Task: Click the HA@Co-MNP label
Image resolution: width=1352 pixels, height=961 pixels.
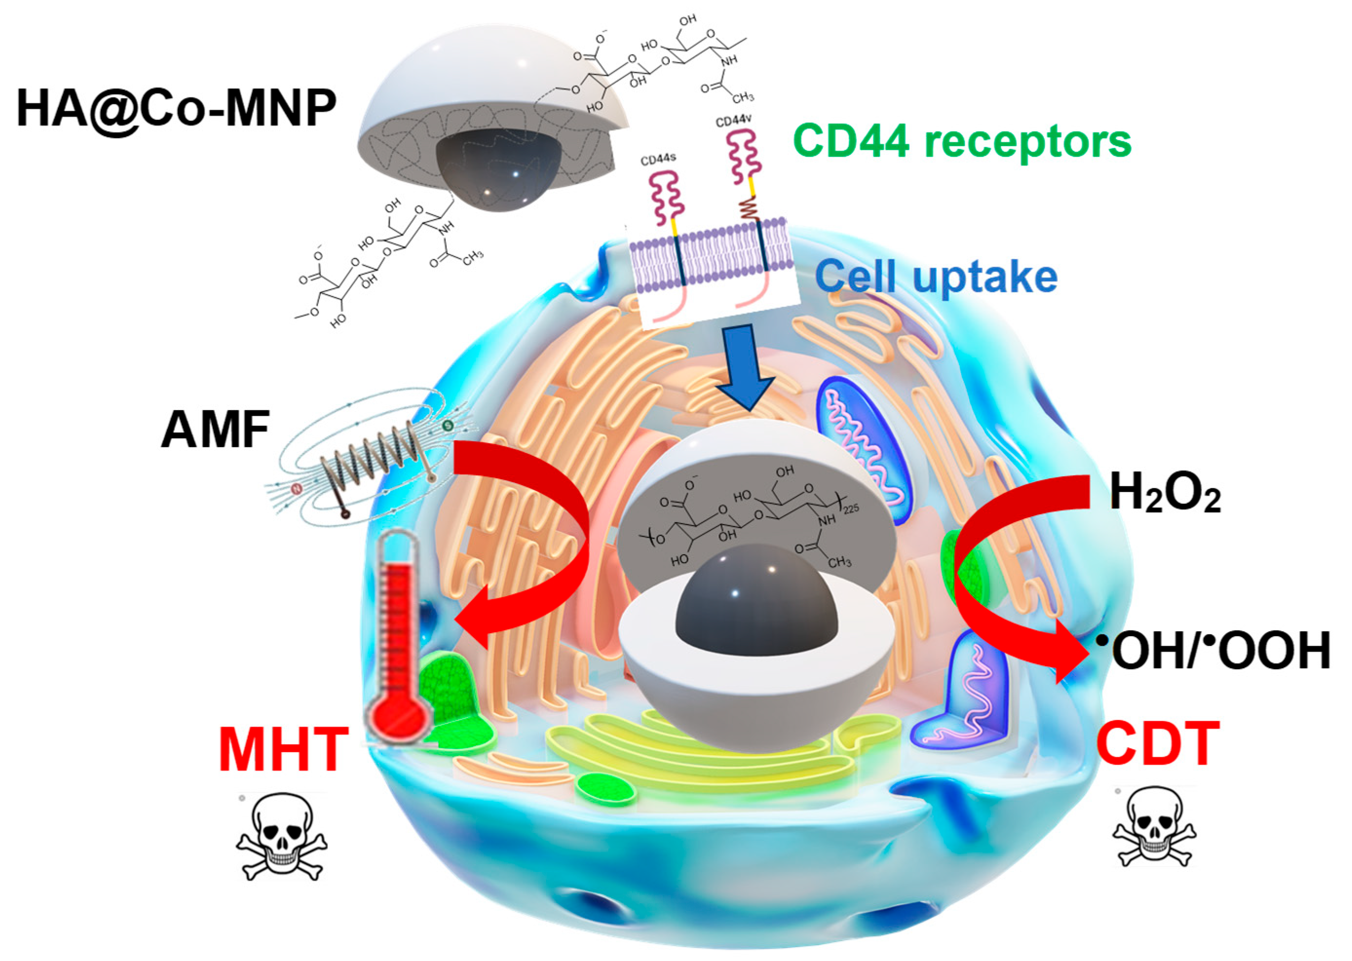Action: (176, 108)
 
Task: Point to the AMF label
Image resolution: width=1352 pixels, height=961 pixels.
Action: (215, 430)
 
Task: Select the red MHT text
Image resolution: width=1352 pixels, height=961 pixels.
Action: (283, 750)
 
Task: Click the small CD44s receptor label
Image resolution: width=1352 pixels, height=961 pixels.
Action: (658, 159)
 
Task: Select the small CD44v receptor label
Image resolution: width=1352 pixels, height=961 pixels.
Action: (733, 121)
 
